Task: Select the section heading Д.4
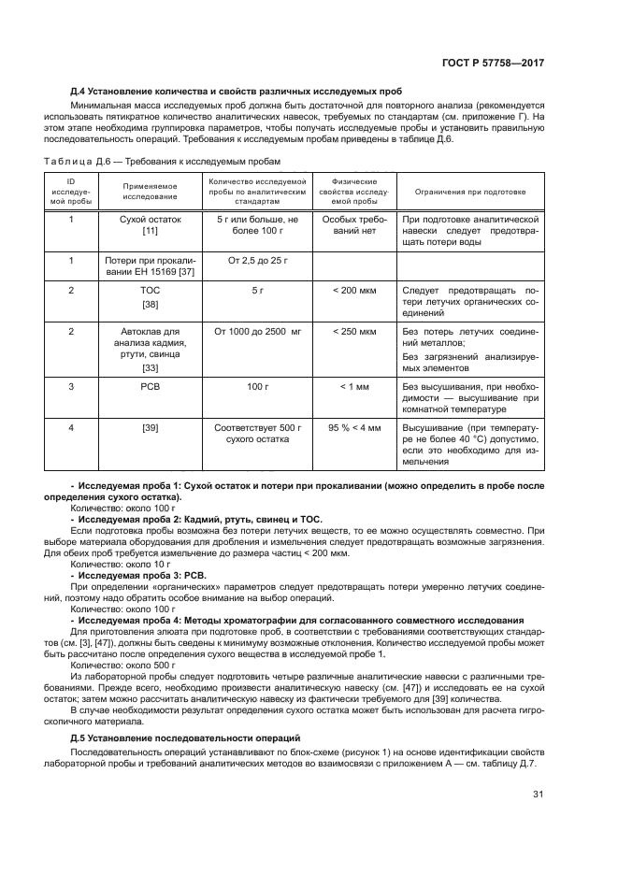coord(237,92)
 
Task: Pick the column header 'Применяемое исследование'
coord(150,191)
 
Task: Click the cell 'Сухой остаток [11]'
coord(150,224)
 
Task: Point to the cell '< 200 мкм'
coord(354,291)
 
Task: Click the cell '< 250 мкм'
coord(354,331)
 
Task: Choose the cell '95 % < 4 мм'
coord(354,427)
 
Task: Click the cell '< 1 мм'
coord(354,385)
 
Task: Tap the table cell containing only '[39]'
coord(150,427)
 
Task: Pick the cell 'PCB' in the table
coord(150,385)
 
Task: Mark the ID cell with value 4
coord(71,427)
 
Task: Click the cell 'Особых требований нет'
coord(354,224)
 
